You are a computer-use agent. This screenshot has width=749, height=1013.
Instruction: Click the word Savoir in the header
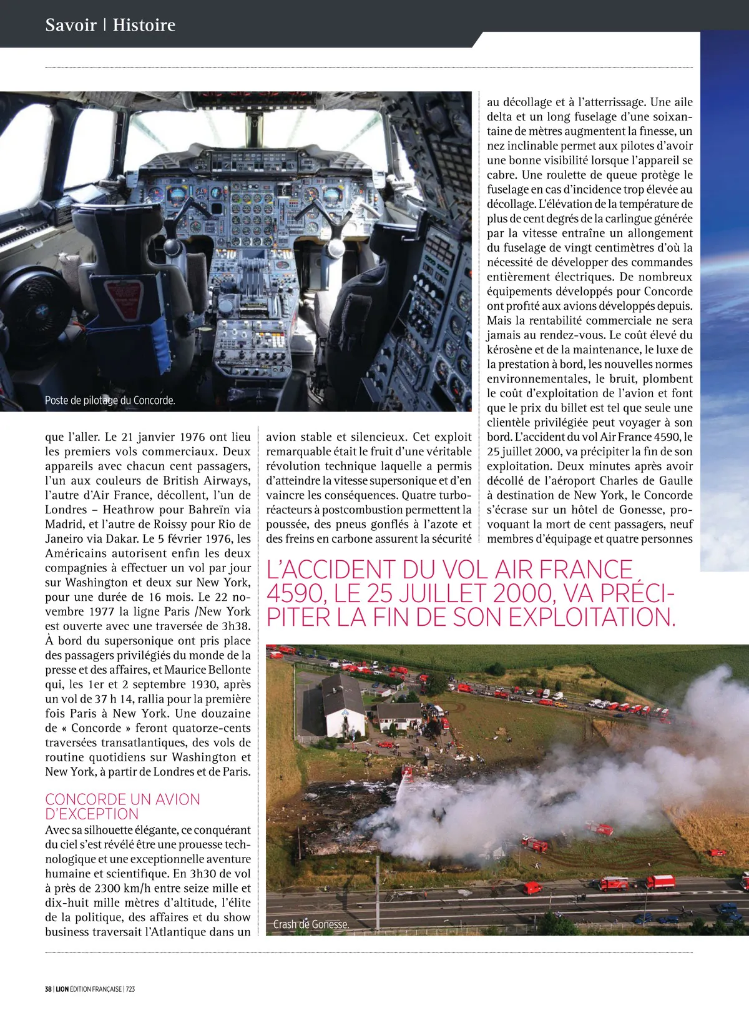pyautogui.click(x=71, y=25)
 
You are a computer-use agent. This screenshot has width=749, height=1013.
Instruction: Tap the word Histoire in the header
pyautogui.click(x=144, y=25)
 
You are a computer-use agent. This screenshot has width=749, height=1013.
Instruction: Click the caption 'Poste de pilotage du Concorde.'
pyautogui.click(x=110, y=400)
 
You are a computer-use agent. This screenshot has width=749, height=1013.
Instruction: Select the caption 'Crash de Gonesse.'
pyautogui.click(x=311, y=924)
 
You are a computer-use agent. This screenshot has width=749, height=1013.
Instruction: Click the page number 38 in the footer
pyautogui.click(x=48, y=989)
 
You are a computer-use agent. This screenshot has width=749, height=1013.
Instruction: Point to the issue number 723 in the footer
pyautogui.click(x=130, y=989)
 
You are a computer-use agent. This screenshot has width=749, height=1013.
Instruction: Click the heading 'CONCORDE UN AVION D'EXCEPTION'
pyautogui.click(x=122, y=806)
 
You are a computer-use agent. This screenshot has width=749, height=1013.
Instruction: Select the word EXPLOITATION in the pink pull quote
pyautogui.click(x=592, y=618)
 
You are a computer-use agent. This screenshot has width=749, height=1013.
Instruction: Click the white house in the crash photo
pyautogui.click(x=343, y=706)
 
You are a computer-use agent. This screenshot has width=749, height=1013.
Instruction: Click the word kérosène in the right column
pyautogui.click(x=512, y=350)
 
